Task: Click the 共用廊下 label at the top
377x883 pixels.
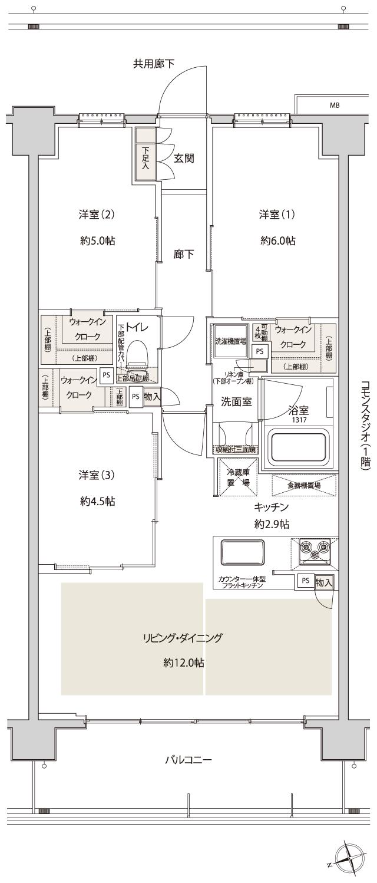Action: pos(153,64)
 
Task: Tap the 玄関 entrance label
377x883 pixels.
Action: pos(184,158)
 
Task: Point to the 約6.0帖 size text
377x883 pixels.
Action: pos(277,240)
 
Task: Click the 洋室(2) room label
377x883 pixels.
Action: pos(96,215)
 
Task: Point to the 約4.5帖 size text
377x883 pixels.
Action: pos(97,502)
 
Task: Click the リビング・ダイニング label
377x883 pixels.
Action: pos(183,638)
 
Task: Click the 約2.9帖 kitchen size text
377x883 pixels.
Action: pos(272,524)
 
